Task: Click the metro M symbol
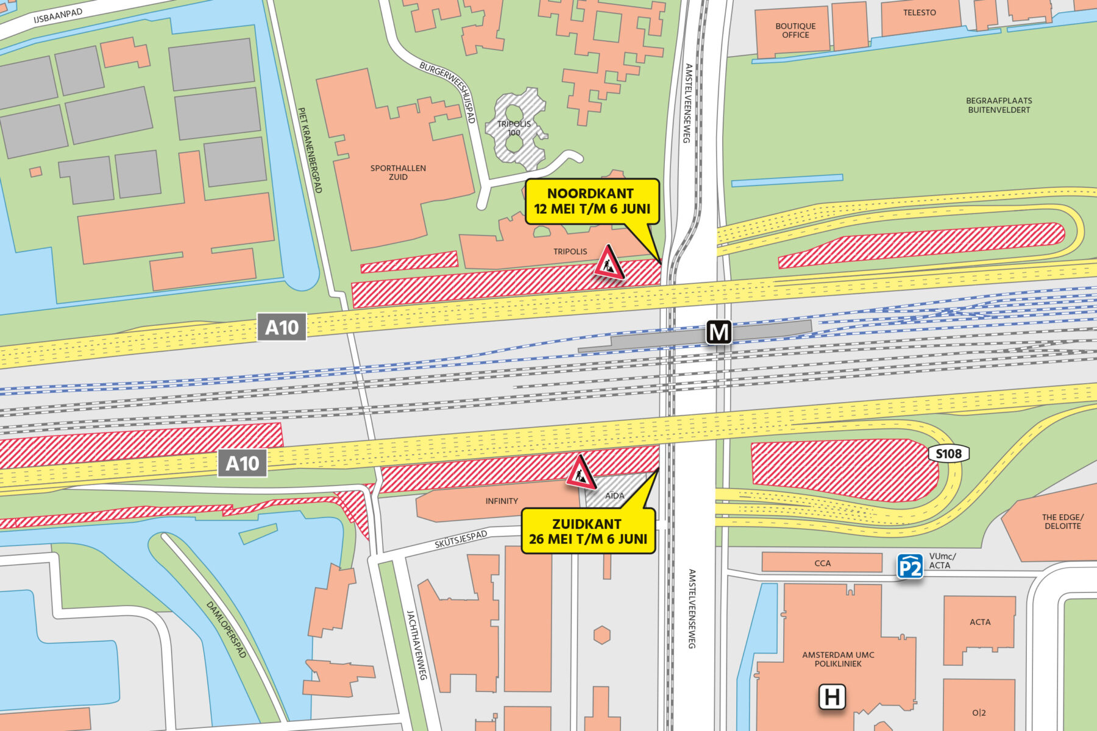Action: [x=719, y=333]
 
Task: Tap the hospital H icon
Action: [x=832, y=696]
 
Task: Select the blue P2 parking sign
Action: [x=910, y=567]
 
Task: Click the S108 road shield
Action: [x=948, y=454]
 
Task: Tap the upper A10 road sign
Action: [x=282, y=328]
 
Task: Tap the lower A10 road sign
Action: [x=243, y=464]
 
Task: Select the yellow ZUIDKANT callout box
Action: [x=588, y=531]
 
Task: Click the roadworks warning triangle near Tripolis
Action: [x=609, y=263]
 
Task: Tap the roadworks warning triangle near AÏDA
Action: [x=581, y=473]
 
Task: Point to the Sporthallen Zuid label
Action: [x=398, y=172]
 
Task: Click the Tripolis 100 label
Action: [x=514, y=128]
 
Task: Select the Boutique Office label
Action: [x=795, y=30]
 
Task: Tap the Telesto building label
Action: [x=919, y=13]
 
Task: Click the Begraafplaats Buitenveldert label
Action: [x=999, y=105]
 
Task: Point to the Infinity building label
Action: [x=502, y=501]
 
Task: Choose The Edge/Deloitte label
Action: [x=1062, y=521]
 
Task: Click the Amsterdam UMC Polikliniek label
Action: [x=838, y=659]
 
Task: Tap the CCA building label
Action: [x=822, y=563]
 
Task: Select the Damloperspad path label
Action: [x=227, y=629]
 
